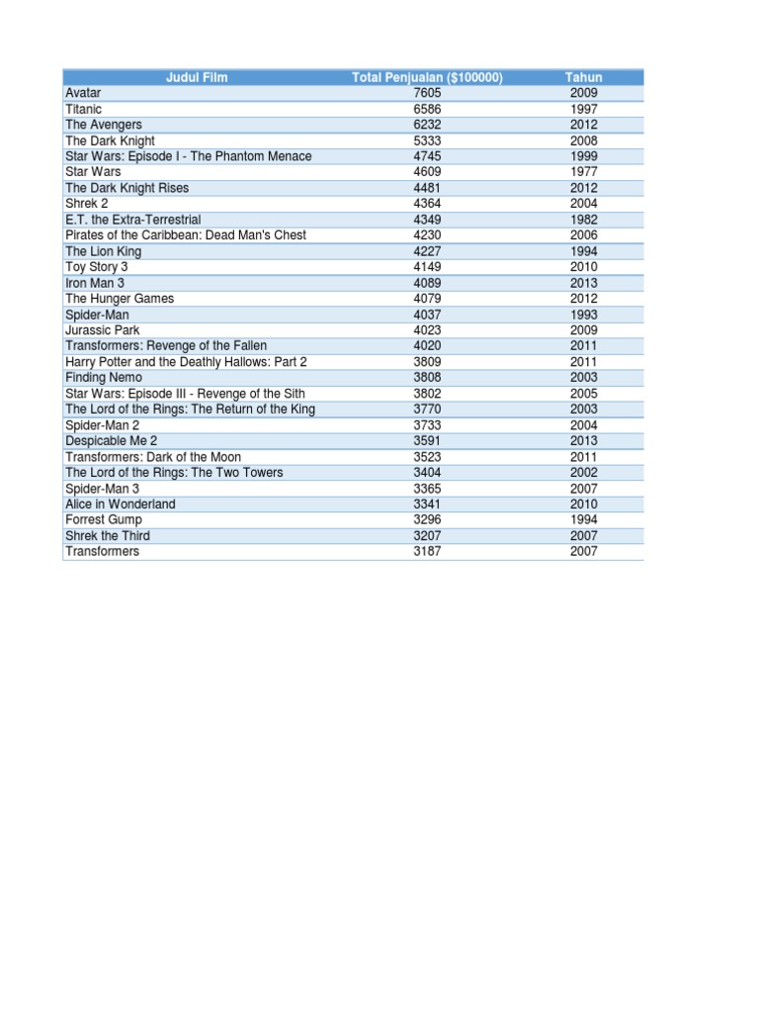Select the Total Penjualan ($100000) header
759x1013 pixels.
pos(427,77)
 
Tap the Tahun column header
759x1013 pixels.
pos(583,77)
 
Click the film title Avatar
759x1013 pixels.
pos(83,93)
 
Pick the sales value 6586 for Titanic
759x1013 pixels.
pos(427,109)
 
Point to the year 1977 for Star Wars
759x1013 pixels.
pos(583,172)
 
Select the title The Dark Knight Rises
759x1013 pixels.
pos(126,188)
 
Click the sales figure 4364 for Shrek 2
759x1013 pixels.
pos(427,204)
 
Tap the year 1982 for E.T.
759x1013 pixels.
pos(583,220)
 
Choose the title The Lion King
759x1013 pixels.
pos(104,251)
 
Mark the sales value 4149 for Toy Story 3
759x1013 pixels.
pos(427,267)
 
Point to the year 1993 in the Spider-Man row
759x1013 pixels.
pos(583,315)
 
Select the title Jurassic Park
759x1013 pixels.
pos(103,330)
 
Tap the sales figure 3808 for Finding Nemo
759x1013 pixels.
pos(427,378)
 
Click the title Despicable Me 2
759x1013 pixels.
pos(112,441)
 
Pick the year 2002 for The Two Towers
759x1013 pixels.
pos(583,473)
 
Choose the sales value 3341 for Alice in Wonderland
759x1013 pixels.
pos(427,505)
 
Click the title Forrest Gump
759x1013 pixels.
pos(104,520)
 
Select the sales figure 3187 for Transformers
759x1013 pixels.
pos(427,552)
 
